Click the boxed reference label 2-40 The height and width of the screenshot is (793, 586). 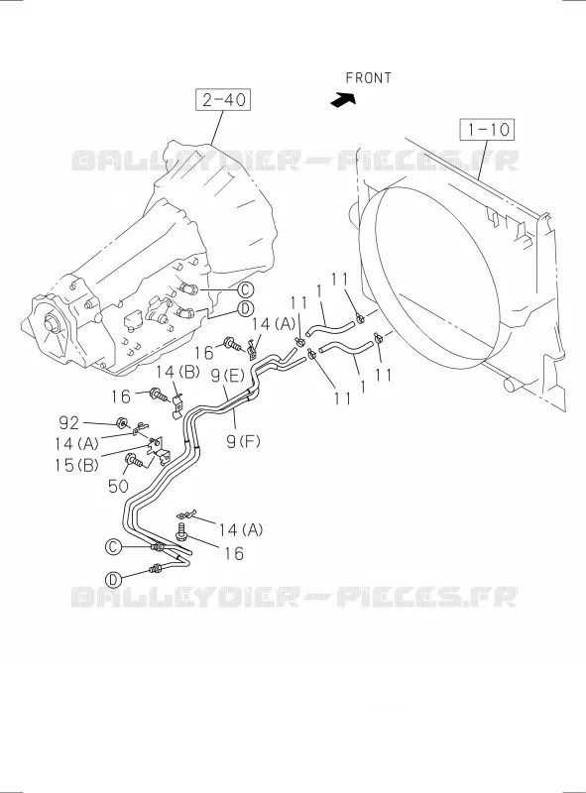[223, 99]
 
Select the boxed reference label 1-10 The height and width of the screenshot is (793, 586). [486, 130]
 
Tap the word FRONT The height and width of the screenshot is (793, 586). [369, 78]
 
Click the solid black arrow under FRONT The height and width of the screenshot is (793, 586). [343, 100]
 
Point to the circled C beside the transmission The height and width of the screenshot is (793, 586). [245, 289]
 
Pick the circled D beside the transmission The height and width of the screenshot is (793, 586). [246, 308]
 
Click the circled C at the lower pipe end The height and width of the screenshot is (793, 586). [113, 546]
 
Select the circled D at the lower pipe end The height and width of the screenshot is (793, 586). [113, 579]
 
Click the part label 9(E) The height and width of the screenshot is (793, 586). [228, 376]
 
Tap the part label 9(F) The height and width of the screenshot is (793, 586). [243, 442]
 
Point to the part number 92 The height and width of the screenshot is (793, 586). [69, 422]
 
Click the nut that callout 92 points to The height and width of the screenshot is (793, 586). [121, 423]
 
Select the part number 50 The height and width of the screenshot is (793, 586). [118, 487]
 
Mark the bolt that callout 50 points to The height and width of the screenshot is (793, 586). [135, 461]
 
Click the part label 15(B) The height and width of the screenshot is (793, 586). [77, 465]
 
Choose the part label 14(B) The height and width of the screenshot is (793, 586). [177, 372]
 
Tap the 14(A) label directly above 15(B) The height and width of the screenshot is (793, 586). [77, 444]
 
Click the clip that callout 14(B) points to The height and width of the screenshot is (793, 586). [176, 407]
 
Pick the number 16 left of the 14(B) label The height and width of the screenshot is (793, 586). [121, 396]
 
